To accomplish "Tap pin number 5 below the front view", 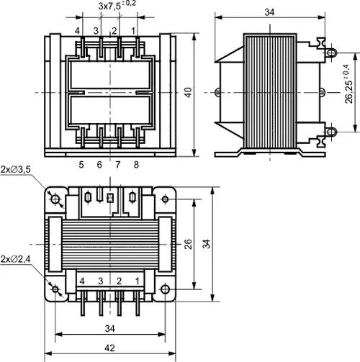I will click(81, 165).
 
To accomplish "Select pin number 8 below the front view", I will click(135, 165).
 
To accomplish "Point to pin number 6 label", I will click(99, 165).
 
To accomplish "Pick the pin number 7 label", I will click(117, 165).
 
